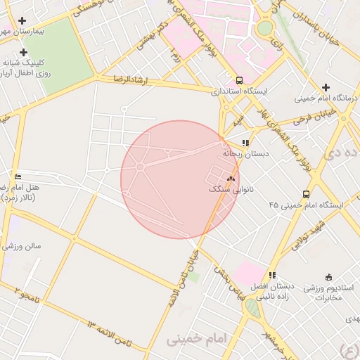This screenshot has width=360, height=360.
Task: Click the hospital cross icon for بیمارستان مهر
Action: point(23,21)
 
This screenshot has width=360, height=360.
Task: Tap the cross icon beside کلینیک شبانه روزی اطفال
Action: point(23,52)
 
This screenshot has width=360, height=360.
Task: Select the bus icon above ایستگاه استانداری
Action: point(240,80)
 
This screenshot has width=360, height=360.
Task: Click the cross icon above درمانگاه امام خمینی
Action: point(326,87)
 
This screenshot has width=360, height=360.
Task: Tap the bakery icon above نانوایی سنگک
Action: point(230,179)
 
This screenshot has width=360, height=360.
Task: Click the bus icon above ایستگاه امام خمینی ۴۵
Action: point(305,194)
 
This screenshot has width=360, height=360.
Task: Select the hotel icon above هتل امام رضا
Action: point(18,176)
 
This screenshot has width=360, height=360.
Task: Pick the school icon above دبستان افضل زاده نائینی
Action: point(272,275)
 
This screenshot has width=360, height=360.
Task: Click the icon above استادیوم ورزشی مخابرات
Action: point(328,277)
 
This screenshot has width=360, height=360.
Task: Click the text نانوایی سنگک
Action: point(231,189)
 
